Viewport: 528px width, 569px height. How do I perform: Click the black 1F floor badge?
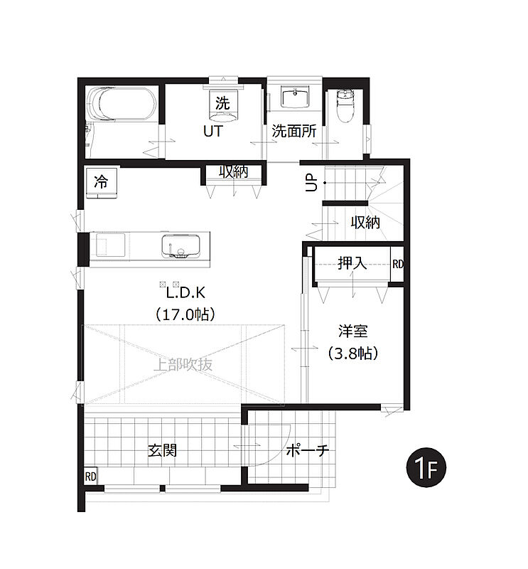[x=426, y=467]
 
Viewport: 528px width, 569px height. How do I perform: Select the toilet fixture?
[x=344, y=106]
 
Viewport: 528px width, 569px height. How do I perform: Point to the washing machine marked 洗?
[x=223, y=105]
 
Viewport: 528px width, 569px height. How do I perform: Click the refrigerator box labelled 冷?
[x=101, y=183]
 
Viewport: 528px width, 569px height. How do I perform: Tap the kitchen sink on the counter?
[x=181, y=246]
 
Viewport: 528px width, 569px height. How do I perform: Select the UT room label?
[x=213, y=131]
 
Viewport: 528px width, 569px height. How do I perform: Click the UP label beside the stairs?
[x=311, y=183]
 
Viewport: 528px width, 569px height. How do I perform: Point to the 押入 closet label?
[x=352, y=263]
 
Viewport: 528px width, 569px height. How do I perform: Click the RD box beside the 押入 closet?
[x=397, y=264]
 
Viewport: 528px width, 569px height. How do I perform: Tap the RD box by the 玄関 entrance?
[x=91, y=476]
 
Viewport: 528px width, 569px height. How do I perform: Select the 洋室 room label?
[x=353, y=331]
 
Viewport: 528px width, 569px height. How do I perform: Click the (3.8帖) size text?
[x=353, y=353]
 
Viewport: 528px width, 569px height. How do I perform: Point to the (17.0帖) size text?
[x=185, y=314]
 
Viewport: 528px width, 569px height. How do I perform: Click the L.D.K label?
[x=185, y=292]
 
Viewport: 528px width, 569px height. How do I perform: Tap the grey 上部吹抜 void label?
[x=183, y=364]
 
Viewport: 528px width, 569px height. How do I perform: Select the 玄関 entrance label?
[x=163, y=450]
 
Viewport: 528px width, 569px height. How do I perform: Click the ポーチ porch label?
[x=308, y=451]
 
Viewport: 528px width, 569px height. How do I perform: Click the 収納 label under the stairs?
[x=365, y=222]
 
